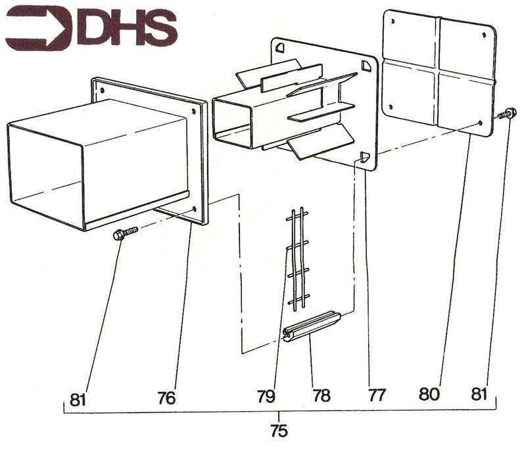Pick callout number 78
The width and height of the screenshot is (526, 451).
pyautogui.click(x=322, y=396)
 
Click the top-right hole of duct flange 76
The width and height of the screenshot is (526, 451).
pyautogui.click(x=193, y=112)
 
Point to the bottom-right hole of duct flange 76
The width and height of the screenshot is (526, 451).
pyautogui.click(x=195, y=209)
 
